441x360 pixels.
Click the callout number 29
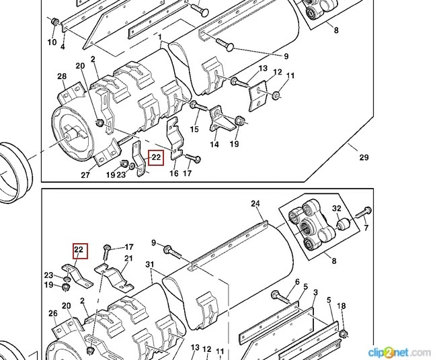point(364,158)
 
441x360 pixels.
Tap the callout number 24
point(255,204)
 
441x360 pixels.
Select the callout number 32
point(336,209)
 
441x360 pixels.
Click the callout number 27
point(85,175)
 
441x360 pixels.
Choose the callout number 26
point(53,313)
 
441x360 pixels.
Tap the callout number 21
point(128,259)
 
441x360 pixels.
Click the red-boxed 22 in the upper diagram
point(156,159)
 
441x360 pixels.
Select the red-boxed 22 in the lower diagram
point(79,251)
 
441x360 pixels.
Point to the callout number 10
point(52,43)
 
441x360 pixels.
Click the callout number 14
point(214,144)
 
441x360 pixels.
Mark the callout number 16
point(173,174)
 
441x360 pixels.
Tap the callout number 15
point(195,129)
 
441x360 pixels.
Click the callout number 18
point(342,306)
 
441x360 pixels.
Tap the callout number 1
point(160,37)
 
